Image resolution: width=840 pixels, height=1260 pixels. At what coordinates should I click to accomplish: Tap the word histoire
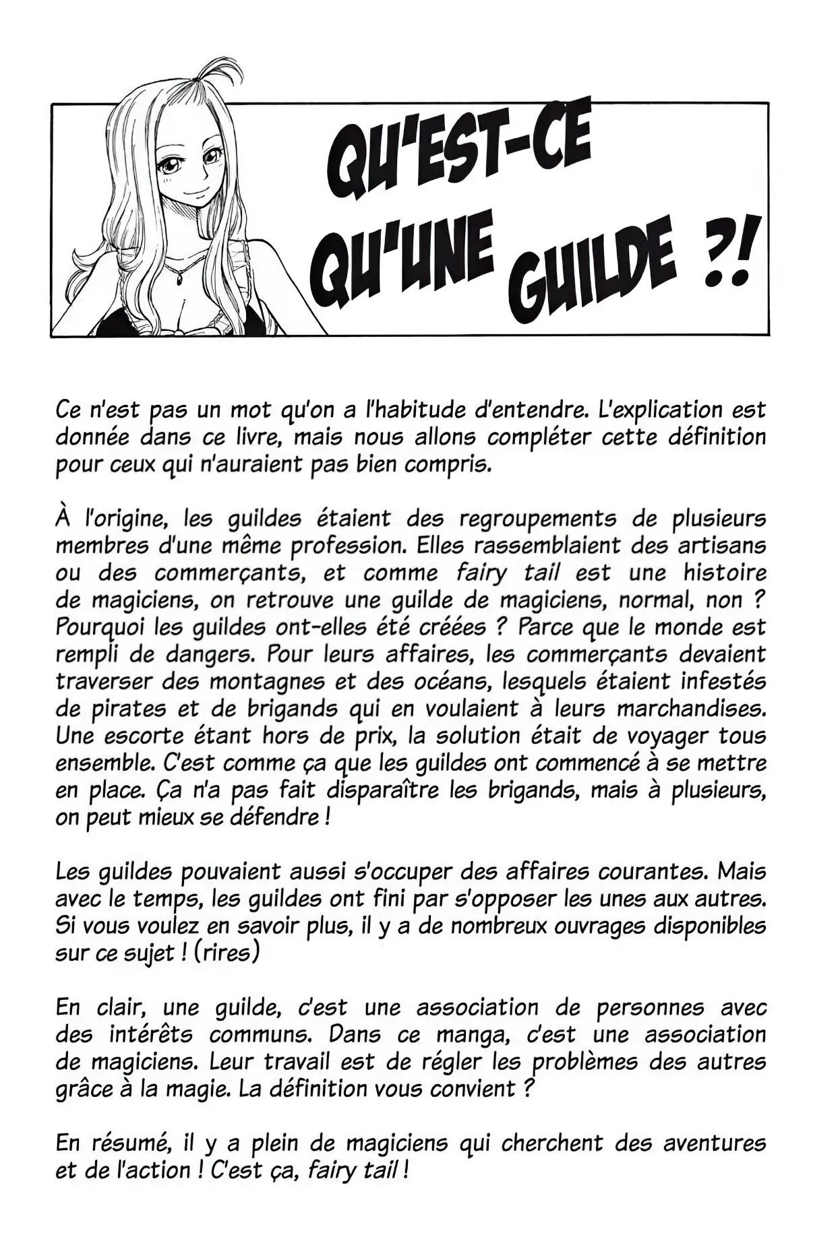click(725, 573)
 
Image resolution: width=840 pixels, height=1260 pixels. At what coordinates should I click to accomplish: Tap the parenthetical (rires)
click(226, 953)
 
